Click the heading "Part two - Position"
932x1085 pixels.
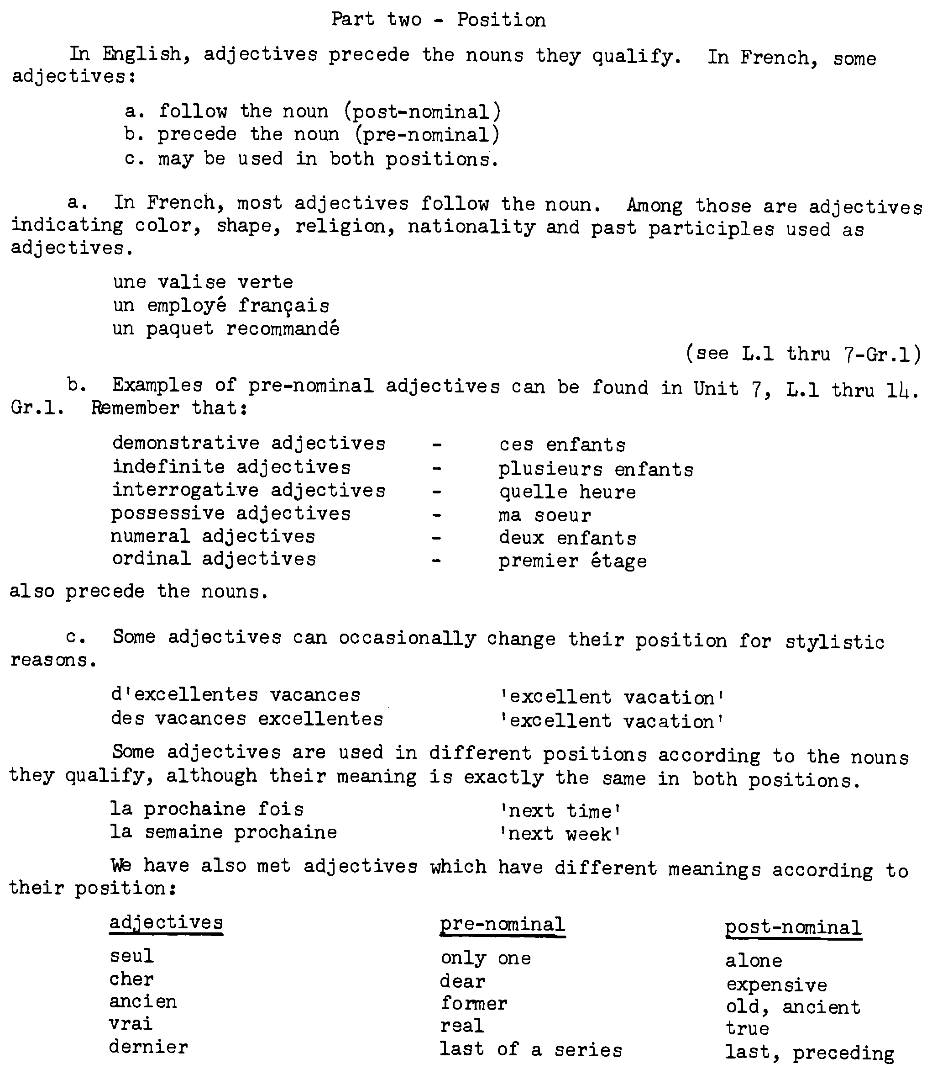(439, 20)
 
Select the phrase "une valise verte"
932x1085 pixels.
(203, 282)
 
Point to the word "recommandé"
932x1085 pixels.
(283, 329)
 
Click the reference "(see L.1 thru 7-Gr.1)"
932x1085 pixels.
(803, 355)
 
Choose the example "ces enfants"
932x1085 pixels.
(562, 445)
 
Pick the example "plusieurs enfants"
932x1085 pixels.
(596, 470)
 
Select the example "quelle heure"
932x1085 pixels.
(567, 492)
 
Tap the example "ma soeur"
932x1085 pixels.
(544, 515)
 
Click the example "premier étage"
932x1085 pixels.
(572, 561)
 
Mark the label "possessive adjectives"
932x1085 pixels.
(231, 513)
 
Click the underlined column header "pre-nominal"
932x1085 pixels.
(503, 925)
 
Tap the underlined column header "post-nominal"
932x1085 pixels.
(793, 928)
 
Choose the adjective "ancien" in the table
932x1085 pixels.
(143, 1002)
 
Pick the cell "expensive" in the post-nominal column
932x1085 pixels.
(776, 985)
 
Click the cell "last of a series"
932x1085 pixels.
(531, 1049)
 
